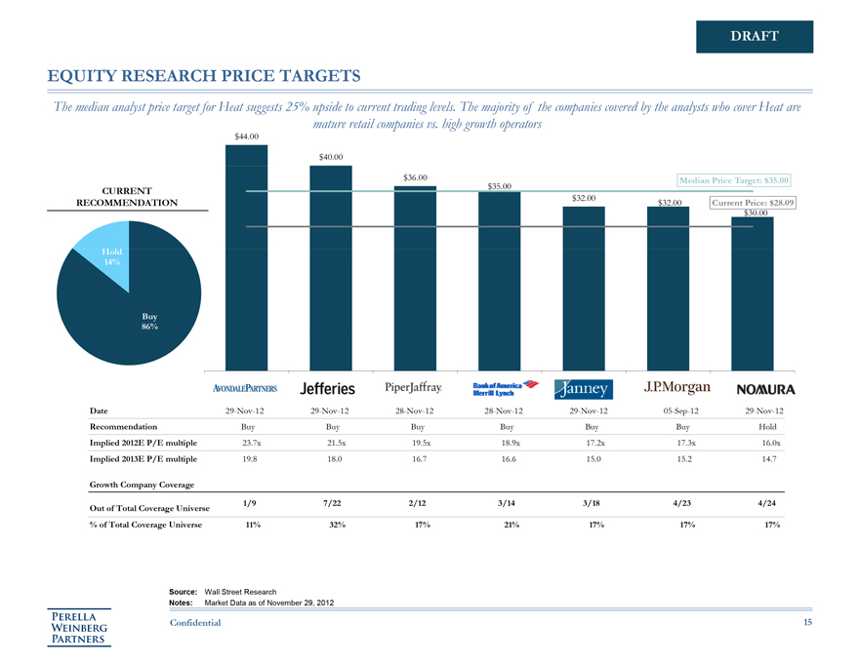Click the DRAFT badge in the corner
point(755,36)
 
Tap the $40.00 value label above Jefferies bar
point(331,157)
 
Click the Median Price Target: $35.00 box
point(733,179)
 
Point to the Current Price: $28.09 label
point(754,203)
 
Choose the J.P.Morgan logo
point(671,387)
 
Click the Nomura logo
point(758,389)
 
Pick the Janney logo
point(584,389)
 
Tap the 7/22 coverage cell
point(331,502)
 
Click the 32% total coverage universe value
point(332,526)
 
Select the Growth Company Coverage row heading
point(141,484)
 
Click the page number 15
point(807,622)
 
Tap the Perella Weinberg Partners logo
point(82,627)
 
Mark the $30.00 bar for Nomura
point(753,292)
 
